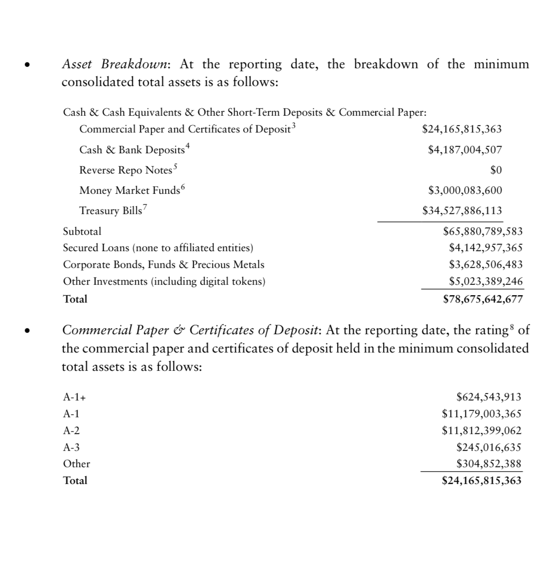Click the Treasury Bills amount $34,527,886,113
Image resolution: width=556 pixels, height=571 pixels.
(462, 211)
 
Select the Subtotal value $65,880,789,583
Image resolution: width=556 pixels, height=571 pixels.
(483, 231)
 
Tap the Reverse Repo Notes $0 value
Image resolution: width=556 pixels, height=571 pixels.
(496, 170)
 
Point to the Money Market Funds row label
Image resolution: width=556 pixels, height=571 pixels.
(129, 190)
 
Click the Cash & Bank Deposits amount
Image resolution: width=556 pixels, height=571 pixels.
(465, 150)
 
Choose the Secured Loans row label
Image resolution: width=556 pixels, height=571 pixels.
(158, 248)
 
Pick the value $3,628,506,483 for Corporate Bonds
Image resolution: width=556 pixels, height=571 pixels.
(485, 264)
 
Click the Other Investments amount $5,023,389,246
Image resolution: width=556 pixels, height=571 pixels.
(485, 281)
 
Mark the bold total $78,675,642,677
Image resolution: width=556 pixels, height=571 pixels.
(483, 299)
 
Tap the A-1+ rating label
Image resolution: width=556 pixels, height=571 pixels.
(71, 397)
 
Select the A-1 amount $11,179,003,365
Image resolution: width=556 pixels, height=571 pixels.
(481, 414)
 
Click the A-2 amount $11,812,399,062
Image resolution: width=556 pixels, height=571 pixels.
(481, 431)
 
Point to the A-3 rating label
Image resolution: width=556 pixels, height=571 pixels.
(71, 447)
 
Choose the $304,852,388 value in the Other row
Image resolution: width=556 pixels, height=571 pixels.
(488, 464)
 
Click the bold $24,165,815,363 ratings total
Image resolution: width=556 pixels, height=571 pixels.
(481, 481)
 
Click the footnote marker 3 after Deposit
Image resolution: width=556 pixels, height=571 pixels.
(294, 125)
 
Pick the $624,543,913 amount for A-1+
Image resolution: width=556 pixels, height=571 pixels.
(488, 397)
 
